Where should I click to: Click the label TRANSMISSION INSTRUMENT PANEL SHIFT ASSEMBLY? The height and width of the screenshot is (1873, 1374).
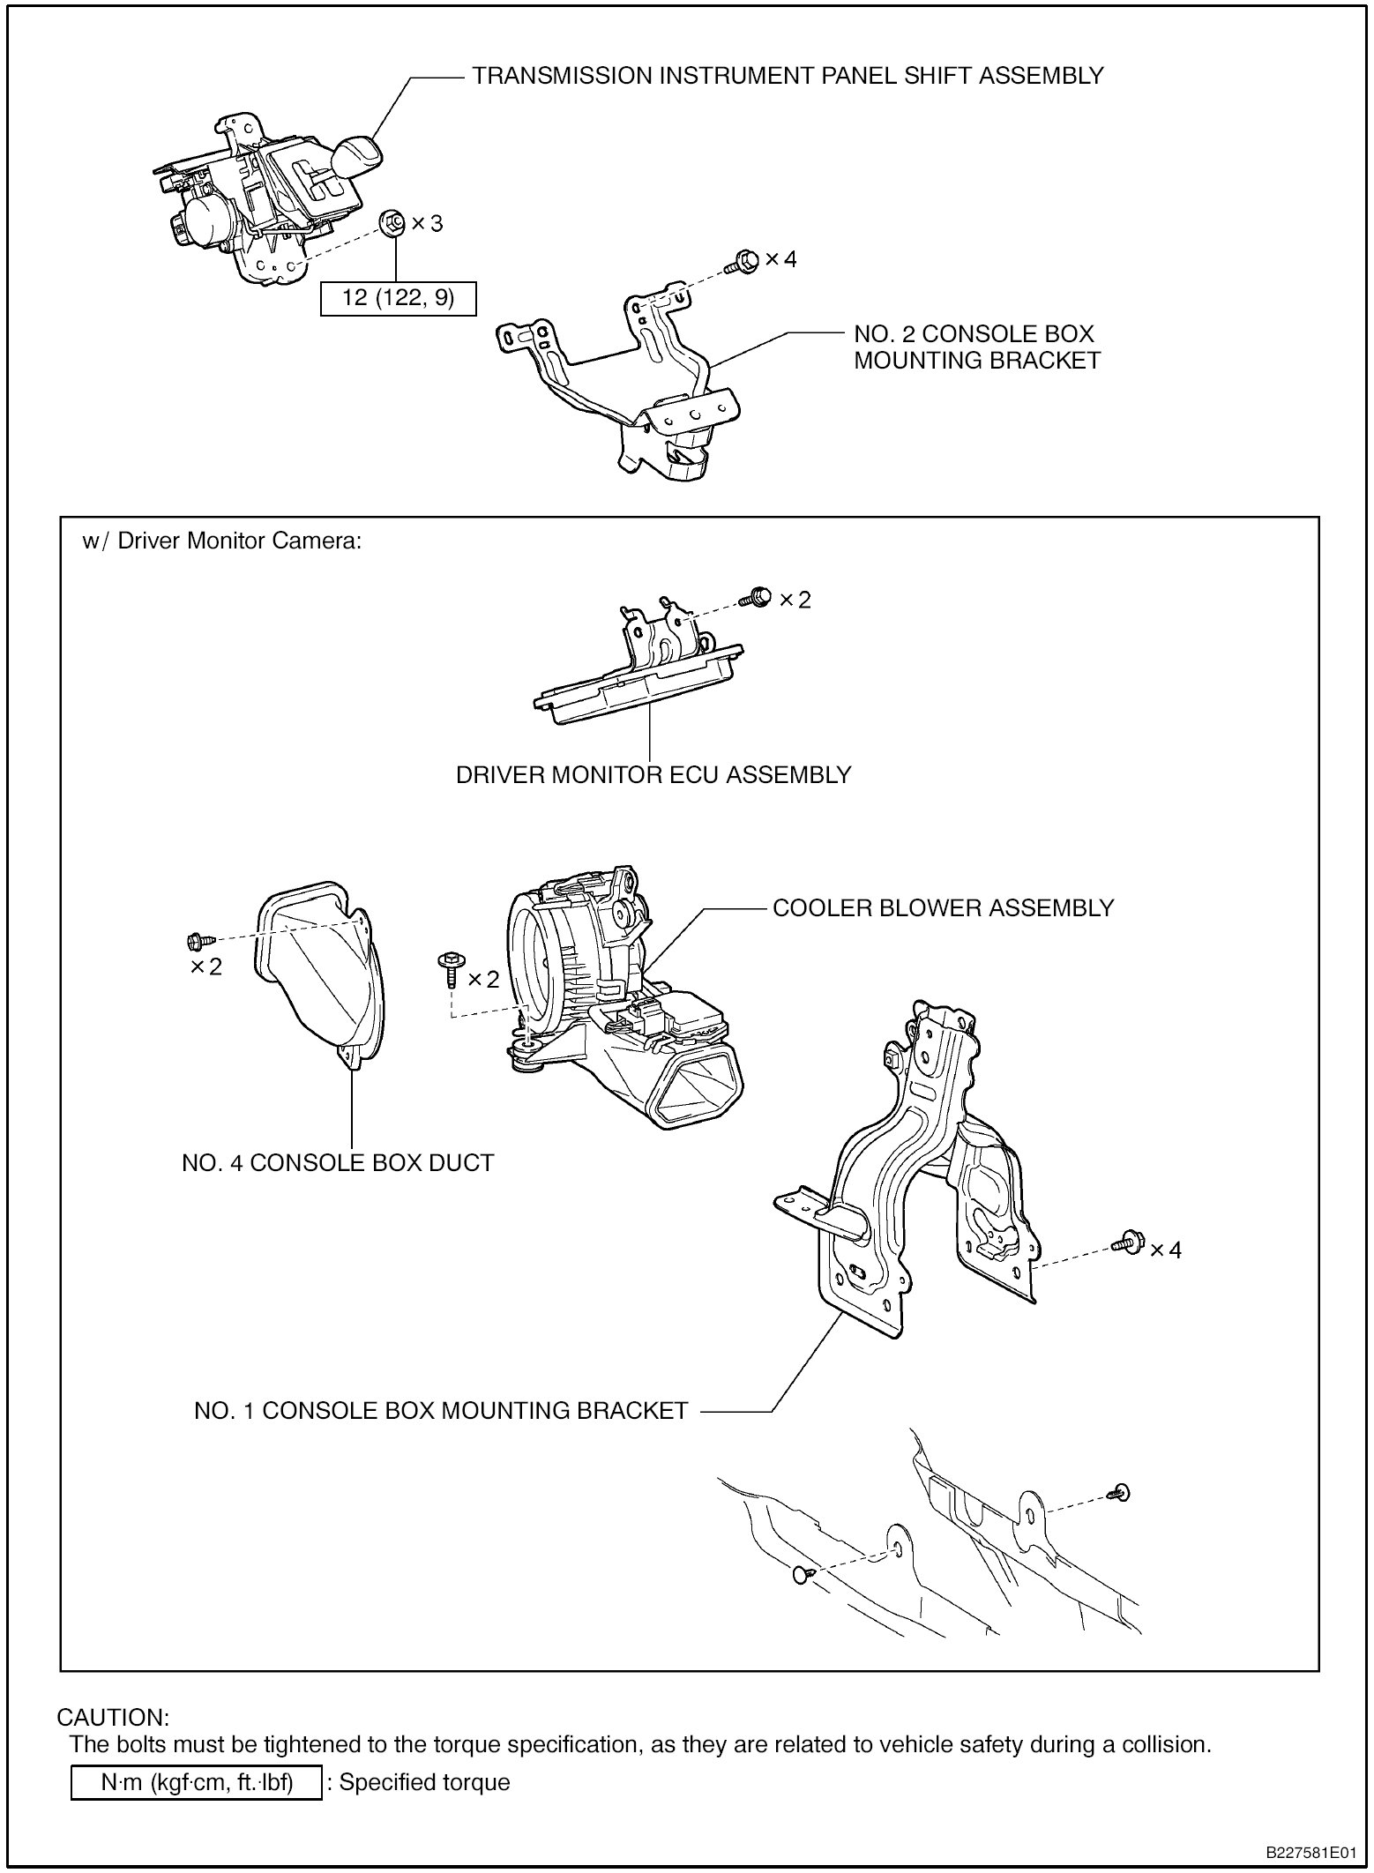click(x=788, y=76)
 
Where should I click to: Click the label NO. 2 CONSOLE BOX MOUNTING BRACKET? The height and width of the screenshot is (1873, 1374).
click(x=976, y=347)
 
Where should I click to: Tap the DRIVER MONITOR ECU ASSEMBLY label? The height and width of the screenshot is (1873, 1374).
click(x=653, y=775)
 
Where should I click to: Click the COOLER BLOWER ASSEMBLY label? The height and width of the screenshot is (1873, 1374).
click(x=943, y=908)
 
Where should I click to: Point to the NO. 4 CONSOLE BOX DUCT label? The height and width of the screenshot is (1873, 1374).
click(x=338, y=1163)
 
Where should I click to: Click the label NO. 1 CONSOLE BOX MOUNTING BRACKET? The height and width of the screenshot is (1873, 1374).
click(x=440, y=1411)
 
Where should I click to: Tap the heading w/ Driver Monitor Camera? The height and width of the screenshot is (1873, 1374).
click(x=222, y=541)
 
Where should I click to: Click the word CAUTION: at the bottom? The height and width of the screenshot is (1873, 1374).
click(x=112, y=1718)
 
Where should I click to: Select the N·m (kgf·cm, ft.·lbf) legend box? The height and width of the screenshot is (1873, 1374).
click(x=196, y=1782)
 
